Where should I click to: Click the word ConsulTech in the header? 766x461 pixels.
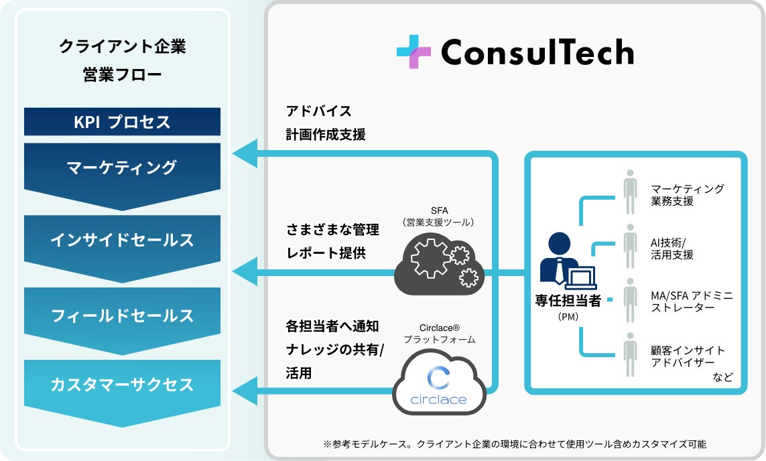pyautogui.click(x=537, y=52)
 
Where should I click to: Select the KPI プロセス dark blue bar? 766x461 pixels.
pyautogui.click(x=122, y=122)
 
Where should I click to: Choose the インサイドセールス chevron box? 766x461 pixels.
pyautogui.click(x=122, y=241)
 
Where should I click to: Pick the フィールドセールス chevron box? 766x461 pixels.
pyautogui.click(x=122, y=316)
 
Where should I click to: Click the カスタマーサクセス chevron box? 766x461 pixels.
pyautogui.click(x=122, y=385)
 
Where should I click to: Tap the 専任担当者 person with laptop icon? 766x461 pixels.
pyautogui.click(x=562, y=261)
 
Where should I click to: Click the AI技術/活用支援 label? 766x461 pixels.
pyautogui.click(x=672, y=249)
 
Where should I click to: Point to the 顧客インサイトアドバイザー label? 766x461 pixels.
pyautogui.click(x=688, y=356)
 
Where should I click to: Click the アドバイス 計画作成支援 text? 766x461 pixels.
pyautogui.click(x=326, y=123)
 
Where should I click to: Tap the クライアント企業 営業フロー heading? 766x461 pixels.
pyautogui.click(x=122, y=60)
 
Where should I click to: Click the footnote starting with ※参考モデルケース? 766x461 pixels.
pyautogui.click(x=514, y=444)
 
